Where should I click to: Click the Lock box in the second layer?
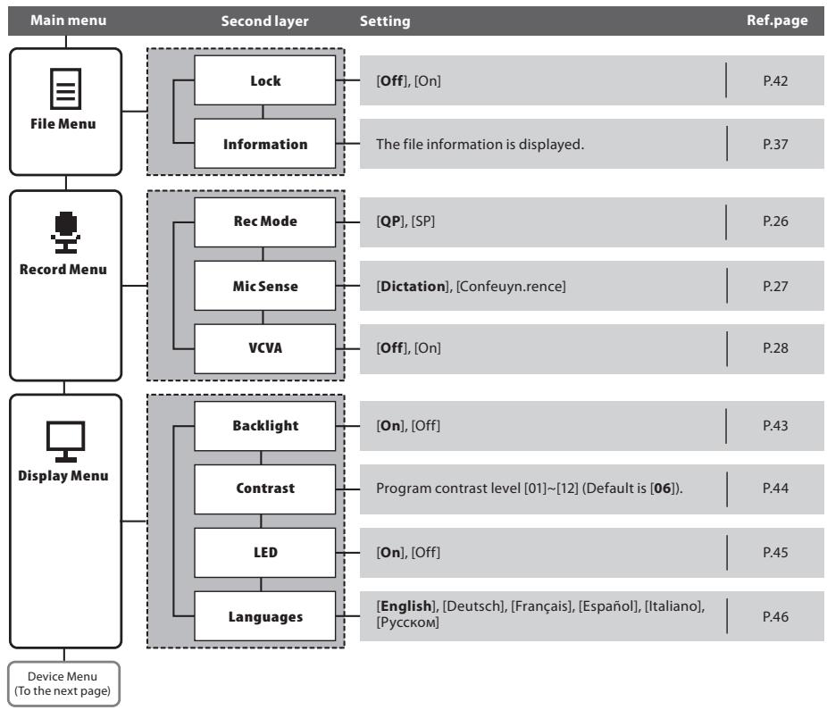click(x=264, y=80)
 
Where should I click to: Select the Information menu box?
click(x=264, y=144)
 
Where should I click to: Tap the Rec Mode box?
click(x=264, y=222)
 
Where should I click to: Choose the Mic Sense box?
click(x=264, y=286)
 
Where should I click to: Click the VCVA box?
click(x=264, y=348)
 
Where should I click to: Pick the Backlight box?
click(x=264, y=426)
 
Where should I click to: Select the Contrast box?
click(x=264, y=489)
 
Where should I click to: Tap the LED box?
click(x=264, y=552)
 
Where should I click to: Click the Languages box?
click(x=264, y=616)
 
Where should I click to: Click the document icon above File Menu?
click(x=65, y=88)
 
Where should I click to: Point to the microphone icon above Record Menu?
click(x=65, y=232)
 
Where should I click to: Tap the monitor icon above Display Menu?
click(x=65, y=441)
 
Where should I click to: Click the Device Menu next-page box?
click(x=63, y=683)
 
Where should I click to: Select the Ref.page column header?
click(x=777, y=21)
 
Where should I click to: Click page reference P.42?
click(x=775, y=80)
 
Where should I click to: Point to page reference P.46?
click(x=775, y=616)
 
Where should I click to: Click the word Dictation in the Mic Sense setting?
click(x=413, y=287)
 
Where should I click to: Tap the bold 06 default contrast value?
click(x=663, y=489)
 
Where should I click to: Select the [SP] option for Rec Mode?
click(x=423, y=221)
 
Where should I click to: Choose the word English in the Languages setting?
click(x=406, y=606)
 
